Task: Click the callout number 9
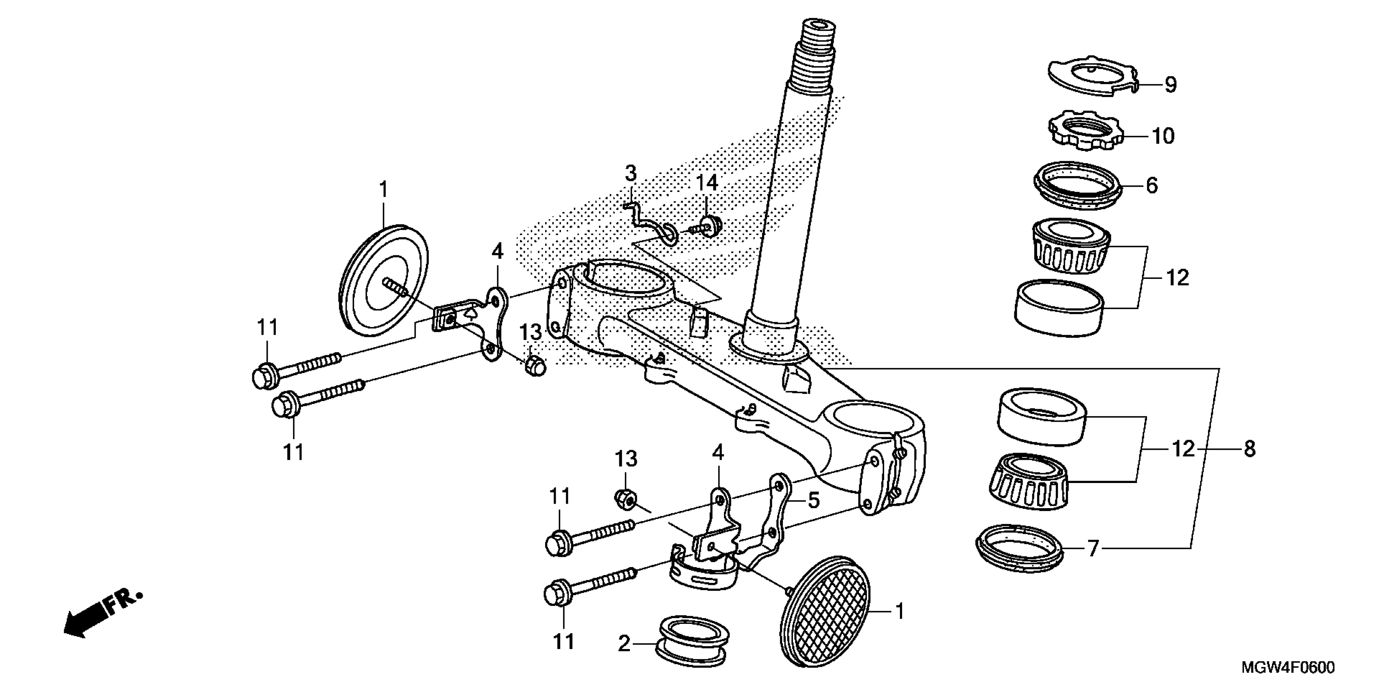1171,85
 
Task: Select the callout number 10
1163,136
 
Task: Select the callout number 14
707,183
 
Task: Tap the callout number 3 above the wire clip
631,174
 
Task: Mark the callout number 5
813,500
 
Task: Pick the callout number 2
624,643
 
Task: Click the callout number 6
1151,185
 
